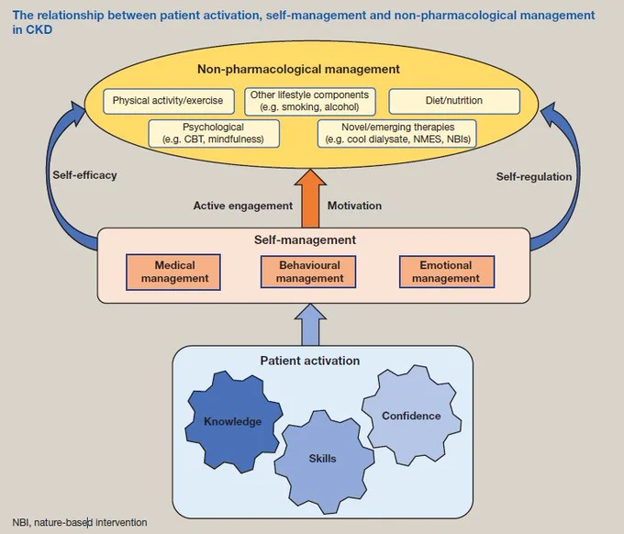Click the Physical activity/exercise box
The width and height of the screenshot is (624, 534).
[x=169, y=101]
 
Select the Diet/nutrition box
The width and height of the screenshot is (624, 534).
[x=454, y=101]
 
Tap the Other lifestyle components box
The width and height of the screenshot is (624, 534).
[x=310, y=102]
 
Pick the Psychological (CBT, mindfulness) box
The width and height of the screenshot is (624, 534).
[x=214, y=134]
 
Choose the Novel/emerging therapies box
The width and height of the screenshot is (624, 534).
[x=397, y=134]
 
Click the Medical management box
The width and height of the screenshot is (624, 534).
[x=173, y=273]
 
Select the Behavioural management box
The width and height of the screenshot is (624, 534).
[x=308, y=272]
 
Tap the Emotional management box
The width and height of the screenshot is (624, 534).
[x=447, y=272]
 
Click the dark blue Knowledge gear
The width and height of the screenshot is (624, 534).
[x=233, y=421]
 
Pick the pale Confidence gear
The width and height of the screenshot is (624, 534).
[x=411, y=416]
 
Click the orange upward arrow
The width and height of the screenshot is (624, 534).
[x=310, y=198]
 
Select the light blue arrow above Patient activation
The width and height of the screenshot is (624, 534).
[x=310, y=325]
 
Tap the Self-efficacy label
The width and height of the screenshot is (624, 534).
[x=84, y=175]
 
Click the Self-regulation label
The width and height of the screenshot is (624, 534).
[x=534, y=177]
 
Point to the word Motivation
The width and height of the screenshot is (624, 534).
[x=354, y=206]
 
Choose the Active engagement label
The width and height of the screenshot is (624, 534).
[x=243, y=206]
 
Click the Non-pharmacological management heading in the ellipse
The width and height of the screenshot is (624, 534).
[x=298, y=69]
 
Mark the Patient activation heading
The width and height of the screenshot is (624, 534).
[x=310, y=361]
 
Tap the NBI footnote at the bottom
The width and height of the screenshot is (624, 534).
[x=80, y=522]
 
